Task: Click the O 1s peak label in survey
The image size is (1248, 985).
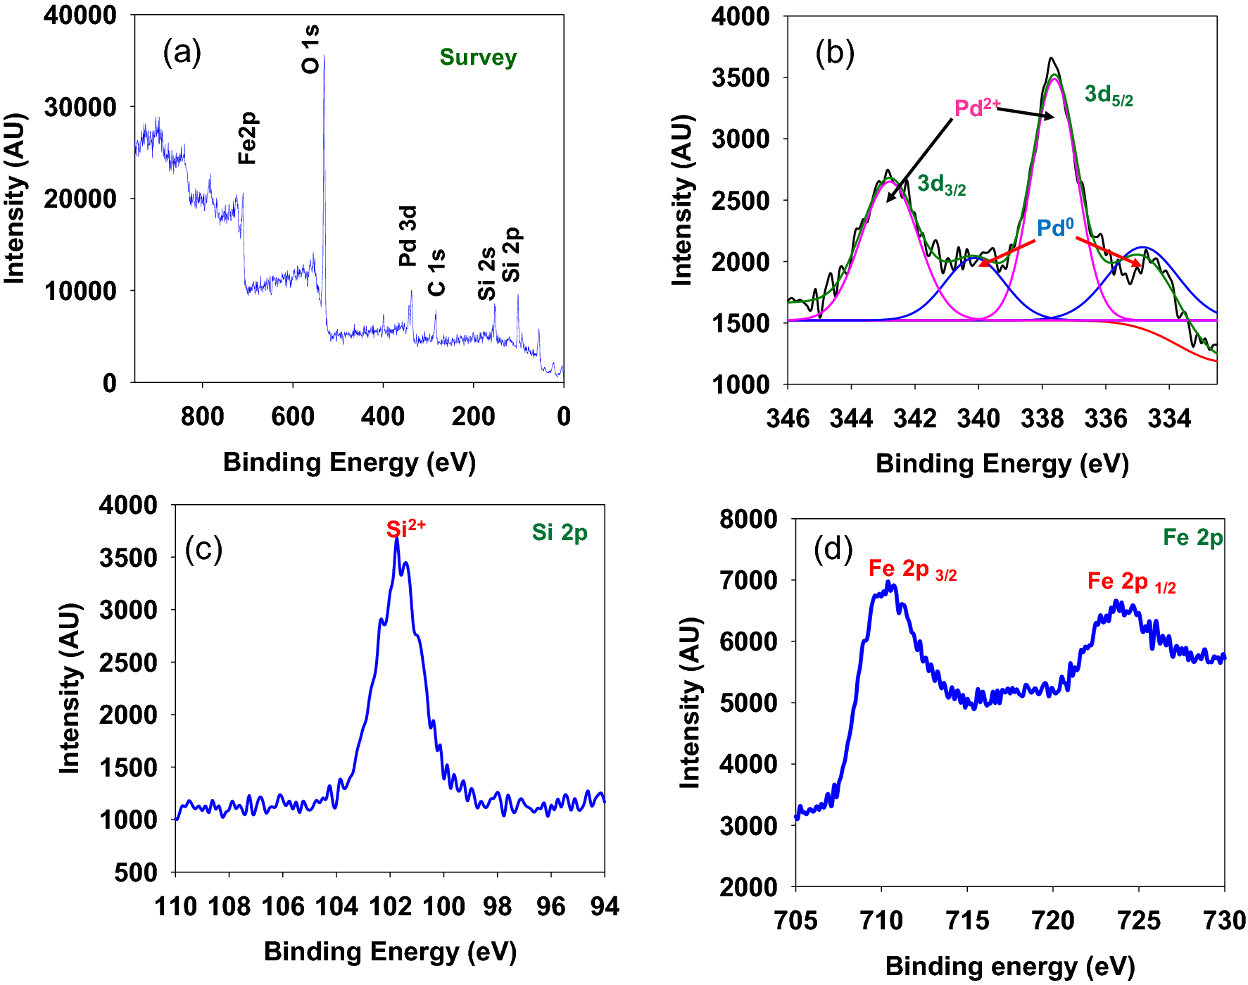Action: [x=310, y=49]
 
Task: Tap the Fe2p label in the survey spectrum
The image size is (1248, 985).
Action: [x=248, y=138]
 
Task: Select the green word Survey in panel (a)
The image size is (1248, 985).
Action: [x=478, y=57]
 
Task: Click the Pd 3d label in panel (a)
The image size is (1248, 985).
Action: [x=408, y=236]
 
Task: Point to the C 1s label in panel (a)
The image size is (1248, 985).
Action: [x=436, y=272]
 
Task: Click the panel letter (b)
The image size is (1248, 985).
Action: [x=835, y=53]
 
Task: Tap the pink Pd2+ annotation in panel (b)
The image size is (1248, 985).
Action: [x=976, y=108]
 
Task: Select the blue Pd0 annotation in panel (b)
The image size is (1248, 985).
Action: [x=1054, y=227]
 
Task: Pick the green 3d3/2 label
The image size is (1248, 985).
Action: [x=941, y=184]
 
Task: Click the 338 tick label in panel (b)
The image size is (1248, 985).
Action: [x=1042, y=419]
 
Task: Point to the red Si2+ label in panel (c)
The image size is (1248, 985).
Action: [x=405, y=528]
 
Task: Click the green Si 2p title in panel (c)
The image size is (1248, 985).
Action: [x=560, y=532]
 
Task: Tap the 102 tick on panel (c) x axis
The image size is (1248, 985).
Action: [x=390, y=906]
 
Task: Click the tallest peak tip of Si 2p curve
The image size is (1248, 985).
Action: [x=397, y=540]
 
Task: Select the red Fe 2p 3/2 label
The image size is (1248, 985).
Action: [x=912, y=569]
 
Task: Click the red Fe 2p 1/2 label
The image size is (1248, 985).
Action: [x=1131, y=582]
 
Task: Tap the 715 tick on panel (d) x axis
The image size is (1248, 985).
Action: [x=967, y=920]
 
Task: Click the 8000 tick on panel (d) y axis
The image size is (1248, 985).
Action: [x=748, y=520]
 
